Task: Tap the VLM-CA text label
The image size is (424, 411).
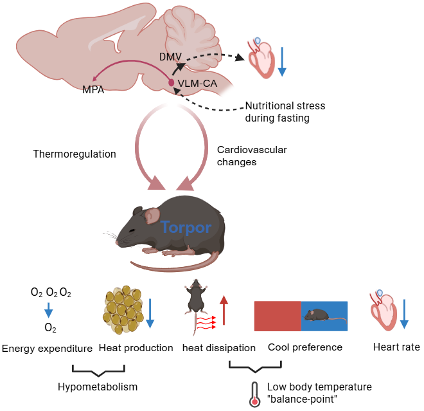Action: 199,84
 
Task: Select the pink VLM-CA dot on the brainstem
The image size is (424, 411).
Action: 172,83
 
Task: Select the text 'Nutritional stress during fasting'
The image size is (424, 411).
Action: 285,111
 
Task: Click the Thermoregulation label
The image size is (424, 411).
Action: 75,154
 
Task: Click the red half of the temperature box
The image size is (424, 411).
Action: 278,315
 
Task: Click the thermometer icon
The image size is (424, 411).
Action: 255,392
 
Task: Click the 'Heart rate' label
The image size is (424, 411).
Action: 396,347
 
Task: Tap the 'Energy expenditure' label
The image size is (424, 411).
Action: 48,348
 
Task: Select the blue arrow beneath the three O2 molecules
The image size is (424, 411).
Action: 48,312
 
